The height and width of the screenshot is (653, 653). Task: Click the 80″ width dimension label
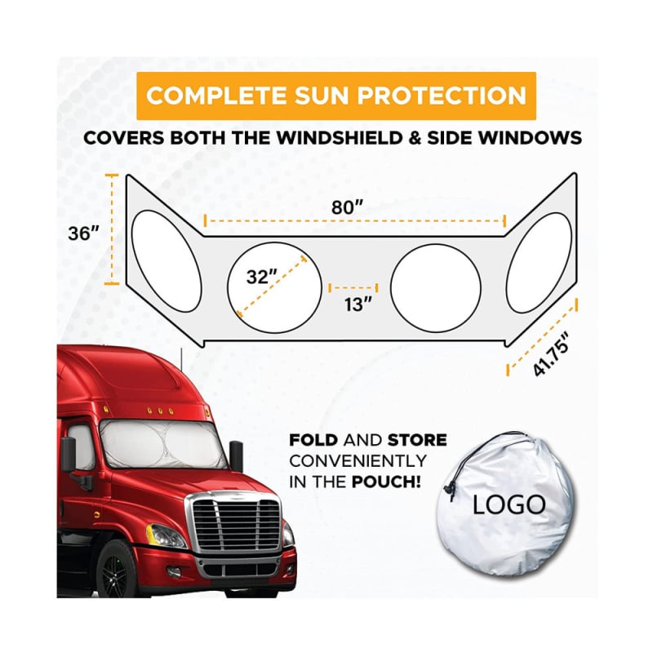coord(348,207)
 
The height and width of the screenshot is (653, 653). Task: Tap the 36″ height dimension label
coord(84,233)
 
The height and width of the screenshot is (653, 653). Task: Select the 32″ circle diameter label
coord(261,277)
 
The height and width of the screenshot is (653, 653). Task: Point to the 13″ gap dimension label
coord(358,304)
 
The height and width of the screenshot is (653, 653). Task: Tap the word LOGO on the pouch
coord(509,504)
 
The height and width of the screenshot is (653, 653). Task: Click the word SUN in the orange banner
coord(322,96)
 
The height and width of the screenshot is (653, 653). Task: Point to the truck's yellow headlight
coord(165,536)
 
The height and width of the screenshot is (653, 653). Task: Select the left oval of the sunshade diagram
coord(167,261)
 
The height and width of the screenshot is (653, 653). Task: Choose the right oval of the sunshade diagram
coord(539,263)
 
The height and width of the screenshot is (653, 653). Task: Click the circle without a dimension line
coord(436,288)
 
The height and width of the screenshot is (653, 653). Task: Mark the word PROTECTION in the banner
coord(442,96)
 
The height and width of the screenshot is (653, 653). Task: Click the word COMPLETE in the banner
coord(216,96)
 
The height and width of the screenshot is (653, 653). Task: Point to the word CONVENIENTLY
coord(358,461)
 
